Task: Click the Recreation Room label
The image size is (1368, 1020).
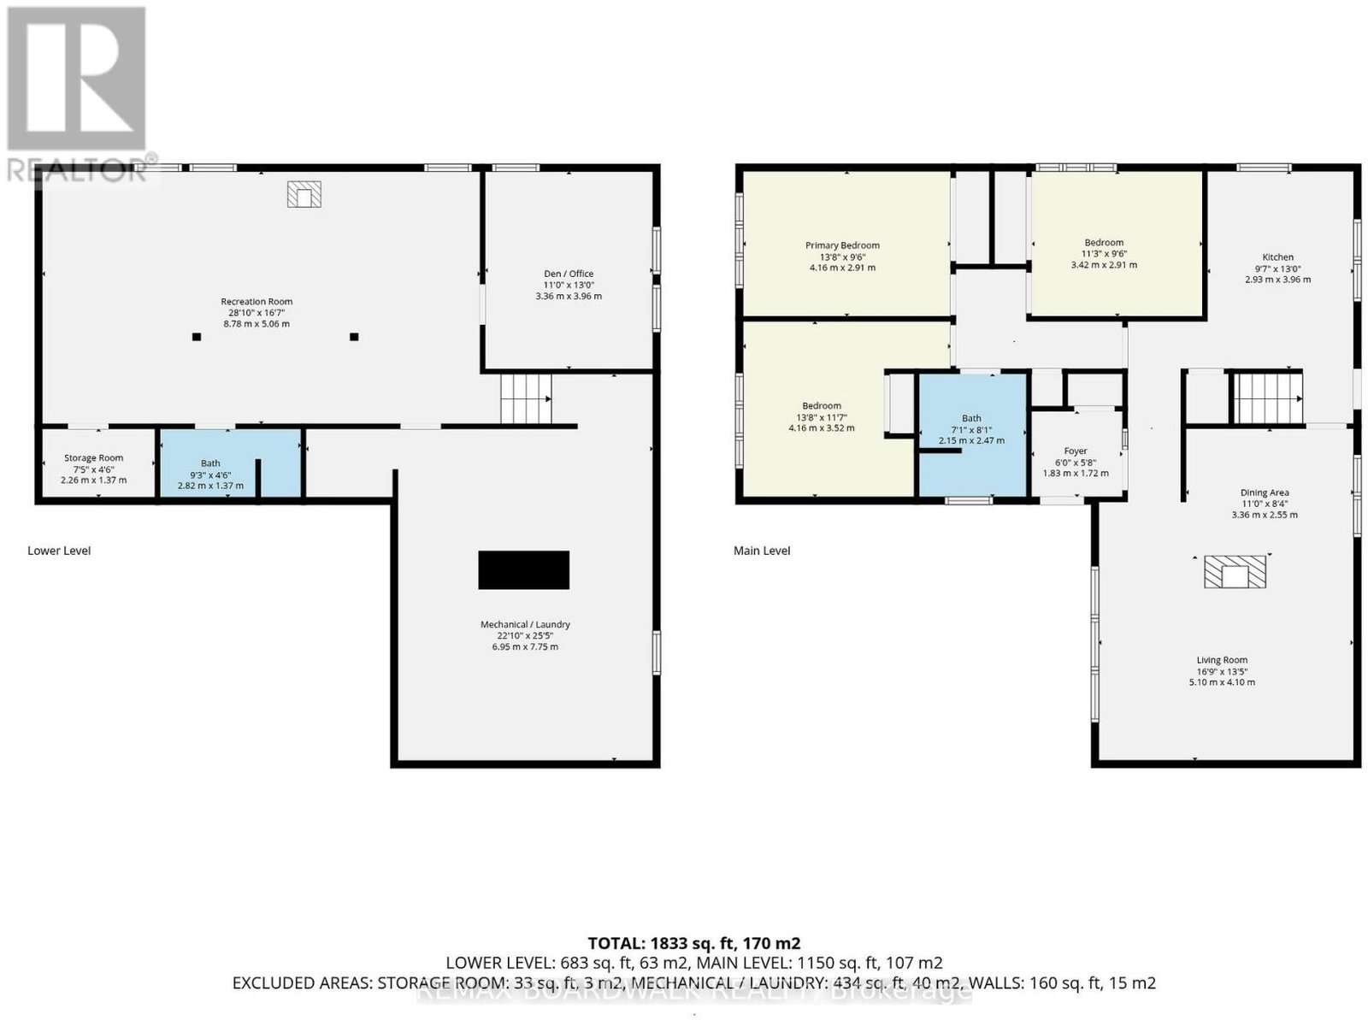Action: pos(256,302)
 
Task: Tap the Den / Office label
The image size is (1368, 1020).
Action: pos(569,274)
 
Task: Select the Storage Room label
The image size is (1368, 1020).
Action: pos(93,458)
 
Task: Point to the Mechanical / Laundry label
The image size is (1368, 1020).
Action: pos(525,624)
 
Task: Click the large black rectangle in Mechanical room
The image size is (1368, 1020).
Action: pos(523,570)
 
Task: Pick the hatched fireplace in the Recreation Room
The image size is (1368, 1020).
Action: pos(304,194)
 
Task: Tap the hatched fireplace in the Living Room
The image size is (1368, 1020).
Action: pos(1235,571)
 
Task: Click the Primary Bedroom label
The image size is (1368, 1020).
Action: pos(842,245)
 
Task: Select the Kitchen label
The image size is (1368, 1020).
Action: pos(1277,256)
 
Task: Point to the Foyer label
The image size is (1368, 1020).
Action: pos(1075,451)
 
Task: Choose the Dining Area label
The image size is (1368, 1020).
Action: pos(1264,492)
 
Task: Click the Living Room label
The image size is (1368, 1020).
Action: pos(1222,660)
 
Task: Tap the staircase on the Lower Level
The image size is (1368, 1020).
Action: pos(526,398)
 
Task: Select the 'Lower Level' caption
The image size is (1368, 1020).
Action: pos(59,551)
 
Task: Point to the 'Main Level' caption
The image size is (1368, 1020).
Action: pos(762,551)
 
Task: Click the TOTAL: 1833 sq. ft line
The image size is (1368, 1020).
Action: pos(693,943)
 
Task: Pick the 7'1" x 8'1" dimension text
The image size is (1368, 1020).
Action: pos(971,430)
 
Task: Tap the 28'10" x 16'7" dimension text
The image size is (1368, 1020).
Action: pos(256,313)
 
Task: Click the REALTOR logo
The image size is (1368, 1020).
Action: pos(78,93)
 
